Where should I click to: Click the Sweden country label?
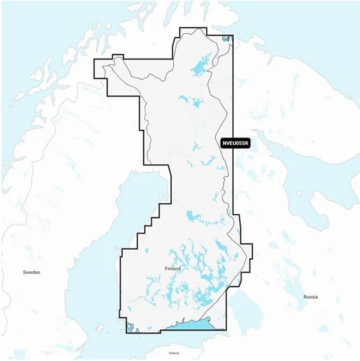tap(32, 273)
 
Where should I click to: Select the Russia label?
tap(310, 297)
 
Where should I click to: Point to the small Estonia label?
tap(174, 353)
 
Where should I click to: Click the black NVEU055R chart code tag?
tap(235, 144)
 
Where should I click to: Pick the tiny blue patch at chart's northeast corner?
tap(228, 39)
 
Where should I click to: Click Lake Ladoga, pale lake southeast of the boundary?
tap(241, 311)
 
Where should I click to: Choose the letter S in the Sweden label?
tap(25, 273)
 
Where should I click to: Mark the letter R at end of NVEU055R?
tap(246, 144)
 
